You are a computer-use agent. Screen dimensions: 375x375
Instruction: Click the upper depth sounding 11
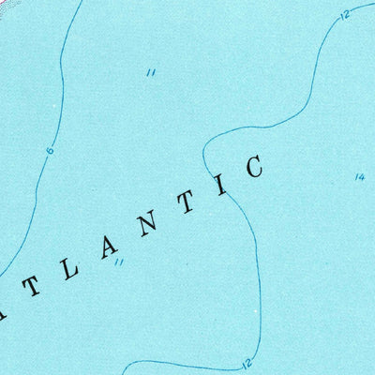coord(150,73)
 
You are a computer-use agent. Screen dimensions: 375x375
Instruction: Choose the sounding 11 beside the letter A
coord(118,263)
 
